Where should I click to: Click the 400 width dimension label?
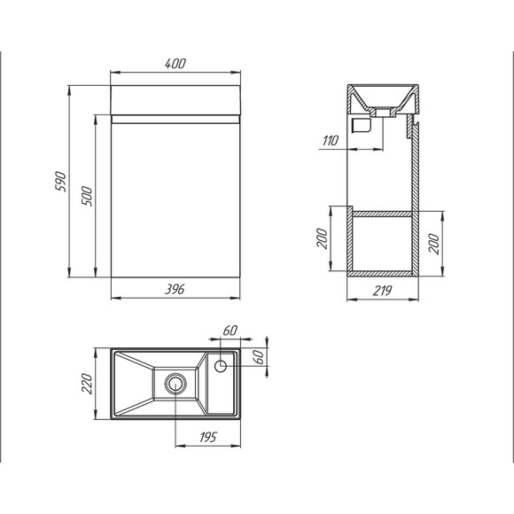tap(175, 63)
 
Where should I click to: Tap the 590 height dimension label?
tap(61, 182)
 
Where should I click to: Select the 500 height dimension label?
tap(87, 196)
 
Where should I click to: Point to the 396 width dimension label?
tap(175, 290)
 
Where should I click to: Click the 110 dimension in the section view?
tap(330, 141)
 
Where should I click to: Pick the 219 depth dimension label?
tap(382, 291)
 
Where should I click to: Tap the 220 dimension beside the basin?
tap(88, 384)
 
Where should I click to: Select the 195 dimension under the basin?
tap(208, 437)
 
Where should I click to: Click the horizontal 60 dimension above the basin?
tap(230, 331)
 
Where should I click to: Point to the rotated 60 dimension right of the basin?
tap(258, 356)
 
